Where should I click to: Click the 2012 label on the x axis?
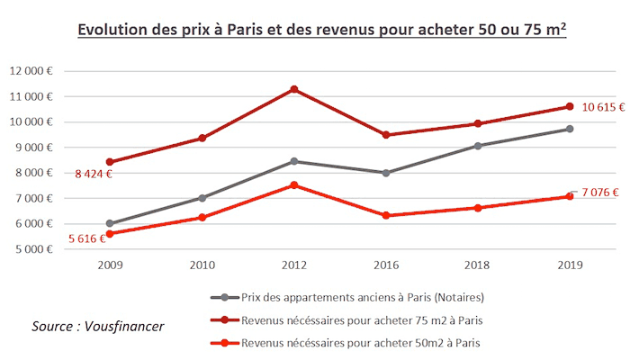click(294, 265)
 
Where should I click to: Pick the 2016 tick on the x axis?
click(386, 265)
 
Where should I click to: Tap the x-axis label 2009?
click(111, 265)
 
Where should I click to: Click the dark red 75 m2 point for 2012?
click(294, 89)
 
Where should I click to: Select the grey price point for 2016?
click(386, 173)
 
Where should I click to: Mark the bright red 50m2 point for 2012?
click(294, 185)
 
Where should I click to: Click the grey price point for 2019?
click(570, 129)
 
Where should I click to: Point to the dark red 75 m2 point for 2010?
click(202, 138)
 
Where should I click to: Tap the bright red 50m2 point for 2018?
click(478, 208)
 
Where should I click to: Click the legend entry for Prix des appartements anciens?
click(355, 298)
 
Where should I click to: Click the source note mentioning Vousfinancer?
click(98, 325)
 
